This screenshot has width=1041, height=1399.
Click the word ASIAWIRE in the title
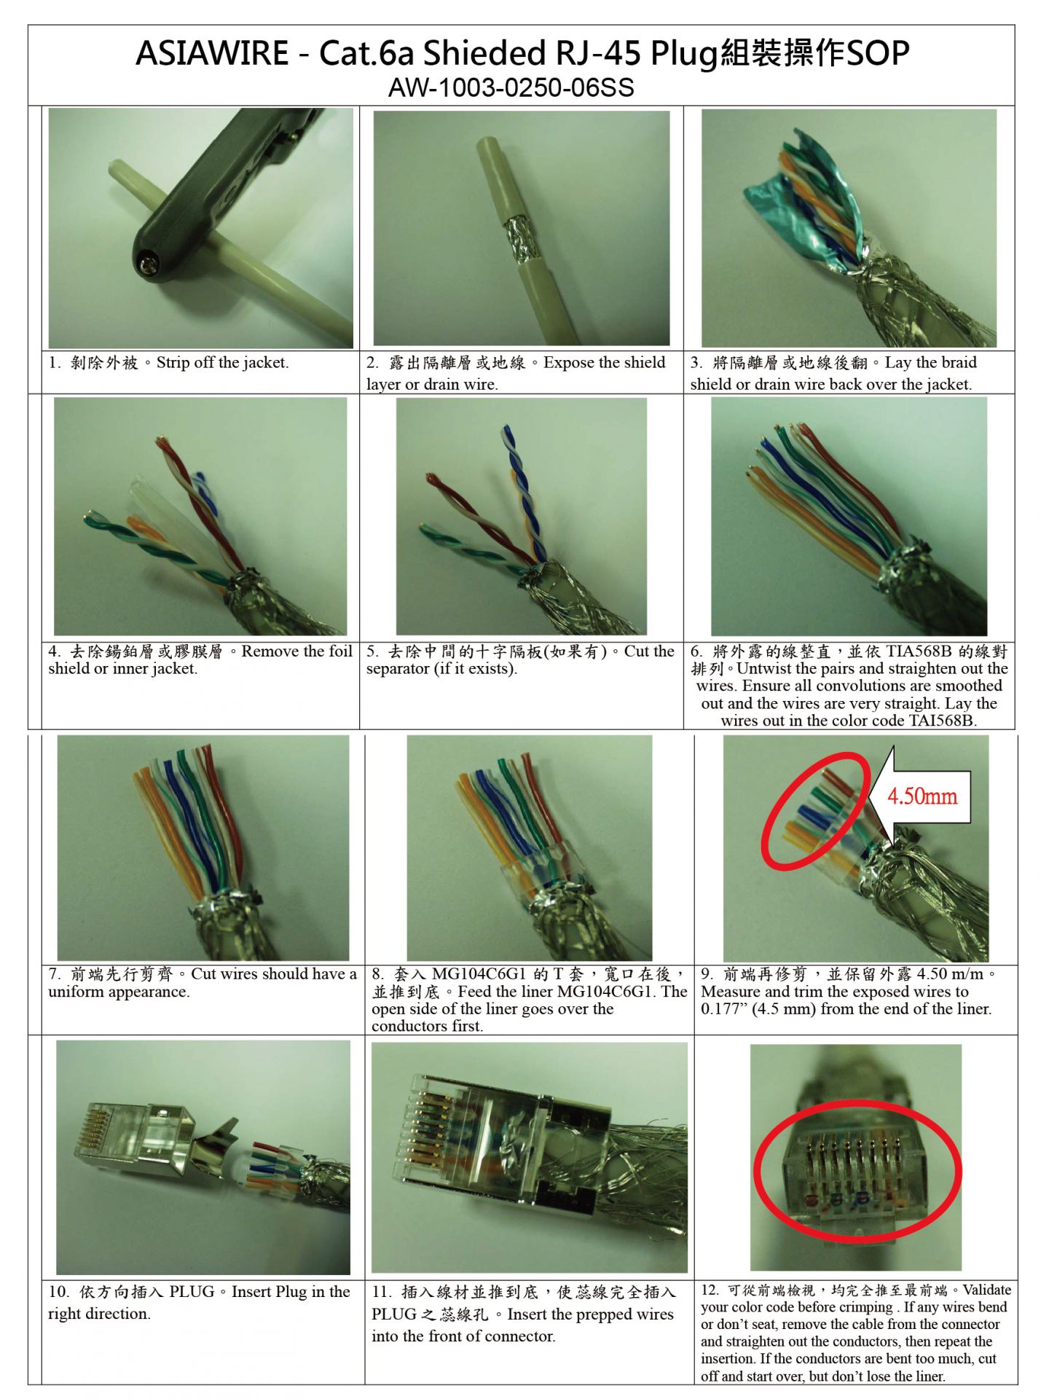[211, 54]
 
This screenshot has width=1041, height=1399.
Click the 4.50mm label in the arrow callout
[921, 795]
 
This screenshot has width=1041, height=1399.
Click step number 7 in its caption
[54, 974]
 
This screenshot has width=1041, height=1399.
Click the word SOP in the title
[878, 54]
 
